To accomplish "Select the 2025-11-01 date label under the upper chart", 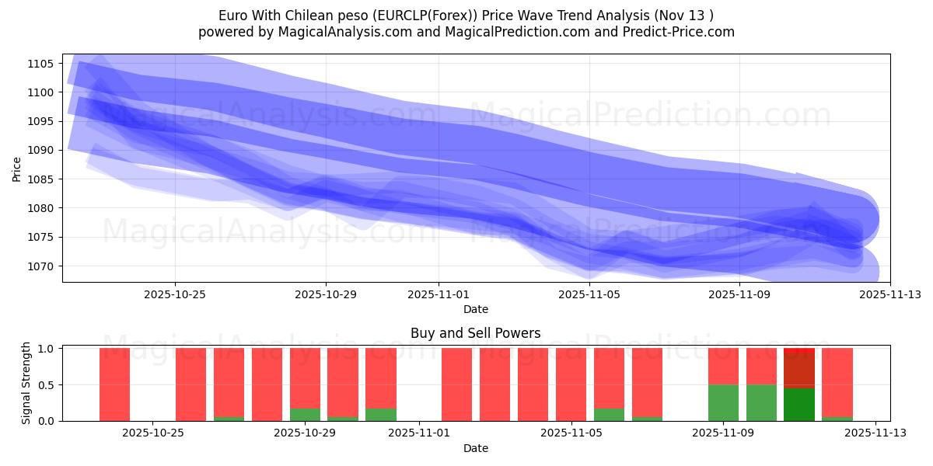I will [x=439, y=294].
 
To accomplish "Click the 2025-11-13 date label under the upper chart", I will [x=890, y=294].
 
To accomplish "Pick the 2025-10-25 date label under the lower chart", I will [x=153, y=433].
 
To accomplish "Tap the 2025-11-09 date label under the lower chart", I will [x=723, y=433].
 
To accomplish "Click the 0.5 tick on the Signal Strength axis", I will [x=47, y=384].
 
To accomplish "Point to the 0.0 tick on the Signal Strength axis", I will [x=47, y=421].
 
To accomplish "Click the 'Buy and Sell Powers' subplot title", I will [x=475, y=333].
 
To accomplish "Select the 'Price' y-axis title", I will [x=17, y=169].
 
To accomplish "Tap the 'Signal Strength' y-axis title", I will [x=26, y=383].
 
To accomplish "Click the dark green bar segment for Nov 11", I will [x=798, y=405].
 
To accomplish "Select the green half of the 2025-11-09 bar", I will [x=723, y=402].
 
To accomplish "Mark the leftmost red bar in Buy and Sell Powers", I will [x=114, y=384].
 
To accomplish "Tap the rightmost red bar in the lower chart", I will [x=837, y=381].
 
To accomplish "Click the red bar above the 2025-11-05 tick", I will [x=571, y=384].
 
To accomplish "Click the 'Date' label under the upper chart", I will [x=475, y=309].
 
